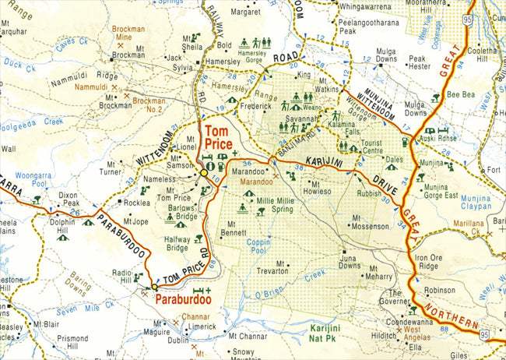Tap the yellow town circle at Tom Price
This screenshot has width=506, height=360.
[204, 172]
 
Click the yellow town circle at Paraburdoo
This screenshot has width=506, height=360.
[155, 286]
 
